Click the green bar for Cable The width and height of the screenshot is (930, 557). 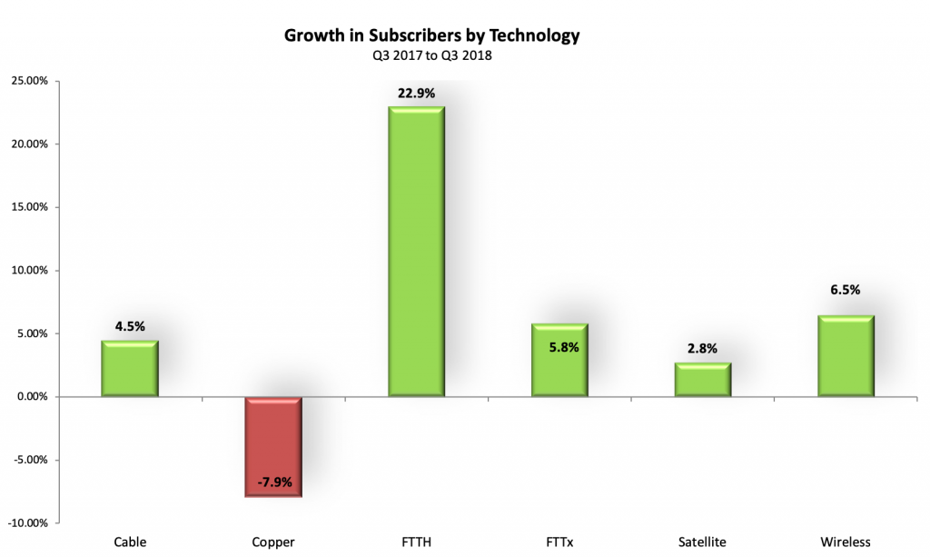tap(130, 369)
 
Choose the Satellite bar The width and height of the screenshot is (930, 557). tap(703, 380)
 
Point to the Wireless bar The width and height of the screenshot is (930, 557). tap(846, 356)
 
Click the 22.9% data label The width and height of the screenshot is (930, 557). tap(416, 94)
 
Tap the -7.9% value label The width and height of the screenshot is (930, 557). tap(272, 482)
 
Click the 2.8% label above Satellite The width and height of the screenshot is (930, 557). tap(703, 349)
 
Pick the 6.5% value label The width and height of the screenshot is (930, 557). tap(846, 290)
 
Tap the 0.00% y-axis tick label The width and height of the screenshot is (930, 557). tap(31, 397)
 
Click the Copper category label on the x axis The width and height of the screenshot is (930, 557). tap(272, 542)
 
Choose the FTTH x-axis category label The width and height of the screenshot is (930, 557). tap(416, 542)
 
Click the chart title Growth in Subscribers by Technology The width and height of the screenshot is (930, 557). tap(432, 36)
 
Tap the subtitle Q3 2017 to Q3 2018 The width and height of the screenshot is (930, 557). tap(432, 55)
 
